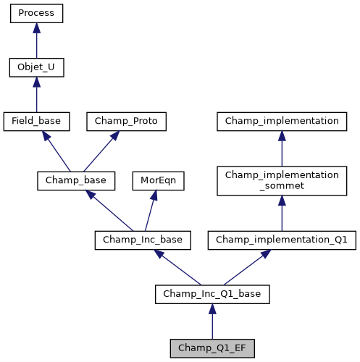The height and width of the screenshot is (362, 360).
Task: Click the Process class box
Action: (x=36, y=14)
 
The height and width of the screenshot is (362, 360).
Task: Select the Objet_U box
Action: (x=36, y=68)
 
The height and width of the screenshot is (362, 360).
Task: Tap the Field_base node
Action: (x=36, y=122)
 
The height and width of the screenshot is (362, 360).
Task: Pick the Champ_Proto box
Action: (x=127, y=122)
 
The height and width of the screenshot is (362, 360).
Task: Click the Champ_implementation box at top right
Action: (x=282, y=122)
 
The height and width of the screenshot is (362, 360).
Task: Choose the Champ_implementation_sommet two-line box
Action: (x=282, y=181)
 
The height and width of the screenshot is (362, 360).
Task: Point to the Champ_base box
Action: (x=72, y=180)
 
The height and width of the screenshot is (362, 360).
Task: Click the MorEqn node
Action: (x=158, y=180)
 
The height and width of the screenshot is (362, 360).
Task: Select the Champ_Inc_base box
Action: (x=143, y=240)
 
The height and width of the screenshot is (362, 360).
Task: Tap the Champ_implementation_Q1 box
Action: (x=282, y=240)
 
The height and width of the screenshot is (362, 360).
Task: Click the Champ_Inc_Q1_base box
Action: (x=212, y=294)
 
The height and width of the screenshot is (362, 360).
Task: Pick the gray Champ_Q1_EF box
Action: (x=212, y=348)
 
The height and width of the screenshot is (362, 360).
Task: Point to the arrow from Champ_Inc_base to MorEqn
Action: (x=151, y=209)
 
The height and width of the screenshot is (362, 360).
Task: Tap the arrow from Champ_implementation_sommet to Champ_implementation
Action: (x=282, y=148)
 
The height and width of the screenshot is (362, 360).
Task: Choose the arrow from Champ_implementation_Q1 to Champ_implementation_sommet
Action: (x=282, y=213)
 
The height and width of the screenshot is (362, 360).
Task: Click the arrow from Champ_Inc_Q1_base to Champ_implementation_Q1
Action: (x=246, y=267)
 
